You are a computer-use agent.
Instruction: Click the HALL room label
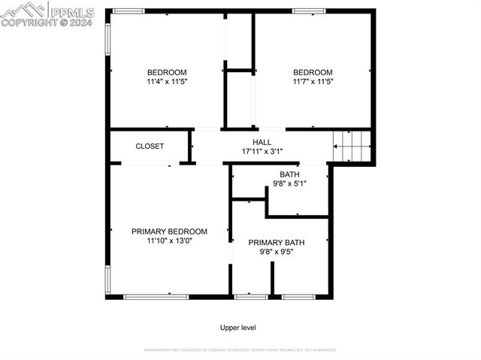(262, 142)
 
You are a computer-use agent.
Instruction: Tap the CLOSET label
(150, 146)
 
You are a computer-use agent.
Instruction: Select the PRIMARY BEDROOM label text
(169, 231)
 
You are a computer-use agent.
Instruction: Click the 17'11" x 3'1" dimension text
(262, 151)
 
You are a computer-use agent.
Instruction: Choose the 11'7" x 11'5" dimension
(313, 81)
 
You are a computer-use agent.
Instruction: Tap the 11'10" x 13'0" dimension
(169, 241)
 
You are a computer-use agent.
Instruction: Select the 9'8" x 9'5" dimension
(277, 252)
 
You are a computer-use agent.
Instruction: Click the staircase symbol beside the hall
(352, 145)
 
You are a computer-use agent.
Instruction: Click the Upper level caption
(238, 328)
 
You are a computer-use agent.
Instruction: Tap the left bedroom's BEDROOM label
(162, 72)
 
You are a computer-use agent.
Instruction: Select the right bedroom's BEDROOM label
(313, 72)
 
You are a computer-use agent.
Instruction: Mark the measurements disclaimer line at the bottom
(240, 349)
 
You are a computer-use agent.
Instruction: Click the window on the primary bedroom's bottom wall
(156, 297)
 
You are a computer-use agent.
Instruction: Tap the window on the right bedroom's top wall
(308, 11)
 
